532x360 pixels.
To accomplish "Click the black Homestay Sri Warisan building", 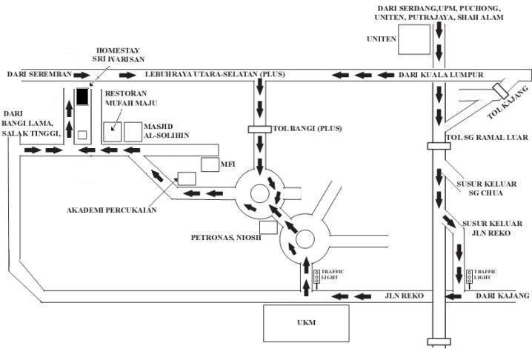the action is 82,96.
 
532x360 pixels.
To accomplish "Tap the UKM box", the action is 306,323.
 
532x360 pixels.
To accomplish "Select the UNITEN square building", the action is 414,39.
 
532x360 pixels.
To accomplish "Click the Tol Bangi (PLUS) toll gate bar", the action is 260,130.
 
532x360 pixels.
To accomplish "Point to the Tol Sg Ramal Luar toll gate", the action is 439,146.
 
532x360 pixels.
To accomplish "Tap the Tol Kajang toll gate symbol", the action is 499,90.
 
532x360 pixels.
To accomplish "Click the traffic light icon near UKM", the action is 316,277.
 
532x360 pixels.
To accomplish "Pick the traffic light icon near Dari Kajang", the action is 470,277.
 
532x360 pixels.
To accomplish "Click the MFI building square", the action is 210,164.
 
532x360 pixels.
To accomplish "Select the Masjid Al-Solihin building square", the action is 133,132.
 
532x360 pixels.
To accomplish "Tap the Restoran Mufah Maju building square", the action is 113,132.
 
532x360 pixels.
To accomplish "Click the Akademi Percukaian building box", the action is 187,179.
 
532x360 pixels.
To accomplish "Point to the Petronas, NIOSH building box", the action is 268,227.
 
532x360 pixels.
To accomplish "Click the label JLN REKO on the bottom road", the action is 404,296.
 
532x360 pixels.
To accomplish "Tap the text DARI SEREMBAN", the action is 40,74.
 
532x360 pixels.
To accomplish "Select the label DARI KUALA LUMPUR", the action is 441,75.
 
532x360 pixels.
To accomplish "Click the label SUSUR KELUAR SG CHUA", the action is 487,189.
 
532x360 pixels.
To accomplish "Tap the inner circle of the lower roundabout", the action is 305,239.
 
